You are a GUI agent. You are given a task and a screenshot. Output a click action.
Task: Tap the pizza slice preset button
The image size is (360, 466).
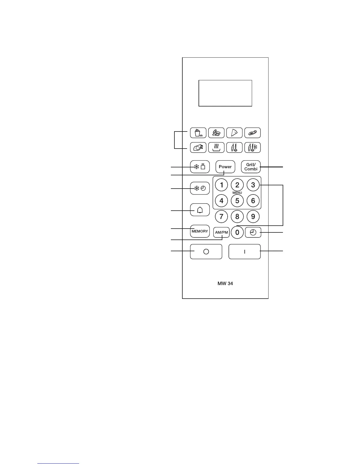pyautogui.click(x=234, y=133)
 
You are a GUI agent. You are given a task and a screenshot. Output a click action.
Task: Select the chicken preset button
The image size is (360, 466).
pyautogui.click(x=198, y=147)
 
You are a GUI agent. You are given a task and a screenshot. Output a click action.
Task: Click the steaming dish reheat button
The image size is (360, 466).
pyautogui.click(x=216, y=147)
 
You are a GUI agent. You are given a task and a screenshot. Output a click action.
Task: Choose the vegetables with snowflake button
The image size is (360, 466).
pyautogui.click(x=252, y=147)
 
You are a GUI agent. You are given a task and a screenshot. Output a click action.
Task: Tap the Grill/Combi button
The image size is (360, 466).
pyautogui.click(x=251, y=167)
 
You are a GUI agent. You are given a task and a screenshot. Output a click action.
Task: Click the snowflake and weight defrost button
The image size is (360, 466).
pyautogui.click(x=200, y=167)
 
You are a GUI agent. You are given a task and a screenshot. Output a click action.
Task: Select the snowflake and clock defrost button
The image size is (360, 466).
pyautogui.click(x=200, y=188)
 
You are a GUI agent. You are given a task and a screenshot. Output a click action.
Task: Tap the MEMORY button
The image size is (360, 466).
pyautogui.click(x=200, y=231)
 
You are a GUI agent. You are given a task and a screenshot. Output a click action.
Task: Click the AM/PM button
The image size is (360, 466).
pyautogui.click(x=221, y=232)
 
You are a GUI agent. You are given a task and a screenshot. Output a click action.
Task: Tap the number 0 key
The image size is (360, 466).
pyautogui.click(x=237, y=233)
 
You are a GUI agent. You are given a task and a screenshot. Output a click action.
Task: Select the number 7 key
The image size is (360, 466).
pyautogui.click(x=221, y=217)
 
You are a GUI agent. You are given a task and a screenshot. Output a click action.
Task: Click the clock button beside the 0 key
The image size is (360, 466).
pyautogui.click(x=253, y=233)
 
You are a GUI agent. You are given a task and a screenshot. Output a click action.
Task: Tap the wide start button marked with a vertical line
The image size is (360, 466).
pyautogui.click(x=244, y=252)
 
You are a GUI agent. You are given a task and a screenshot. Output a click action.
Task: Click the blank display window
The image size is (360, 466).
pyautogui.click(x=225, y=93)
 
